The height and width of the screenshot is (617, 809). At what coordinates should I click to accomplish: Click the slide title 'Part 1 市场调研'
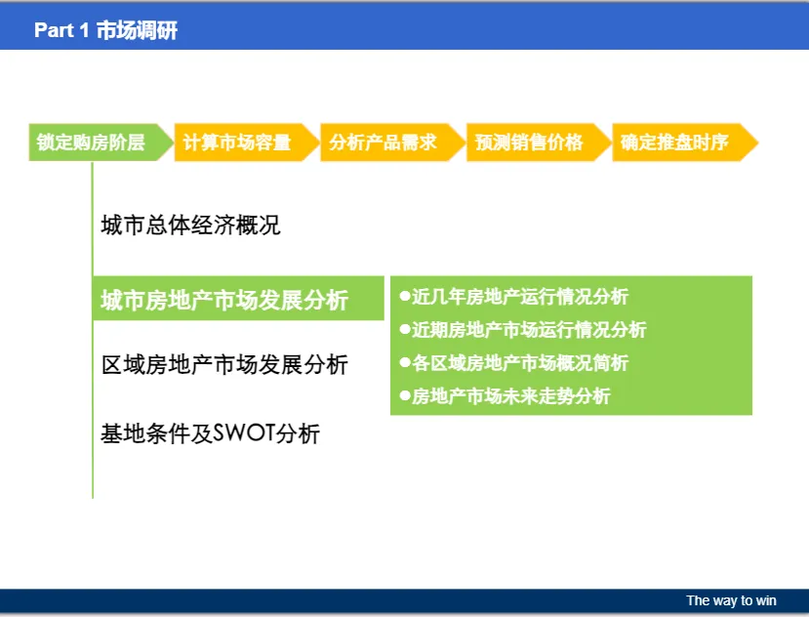(105, 30)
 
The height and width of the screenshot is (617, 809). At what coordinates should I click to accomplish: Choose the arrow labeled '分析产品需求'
(392, 143)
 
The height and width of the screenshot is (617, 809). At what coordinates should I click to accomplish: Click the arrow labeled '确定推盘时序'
(685, 143)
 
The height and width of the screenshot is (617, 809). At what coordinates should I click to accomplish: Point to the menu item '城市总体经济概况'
(190, 226)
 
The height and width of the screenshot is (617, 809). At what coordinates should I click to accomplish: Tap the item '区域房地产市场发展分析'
(224, 364)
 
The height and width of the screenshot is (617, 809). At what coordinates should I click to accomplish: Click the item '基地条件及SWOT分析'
(210, 433)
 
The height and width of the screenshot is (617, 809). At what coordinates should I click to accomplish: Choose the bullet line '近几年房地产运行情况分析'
(514, 297)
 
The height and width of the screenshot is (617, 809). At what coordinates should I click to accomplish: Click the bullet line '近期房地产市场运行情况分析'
(523, 329)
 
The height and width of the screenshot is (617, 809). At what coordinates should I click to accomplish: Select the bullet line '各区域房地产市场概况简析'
(514, 363)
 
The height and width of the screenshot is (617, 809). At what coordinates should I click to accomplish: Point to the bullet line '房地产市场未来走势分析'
(506, 396)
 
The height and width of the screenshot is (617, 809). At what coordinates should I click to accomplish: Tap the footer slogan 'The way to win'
(731, 600)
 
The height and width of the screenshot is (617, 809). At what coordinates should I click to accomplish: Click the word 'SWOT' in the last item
(244, 432)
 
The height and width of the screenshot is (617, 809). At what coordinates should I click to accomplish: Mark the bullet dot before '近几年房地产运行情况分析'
(405, 297)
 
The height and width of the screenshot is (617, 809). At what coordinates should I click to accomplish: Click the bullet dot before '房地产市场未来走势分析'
(405, 396)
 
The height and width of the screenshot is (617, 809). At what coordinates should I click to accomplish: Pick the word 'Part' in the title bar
(54, 30)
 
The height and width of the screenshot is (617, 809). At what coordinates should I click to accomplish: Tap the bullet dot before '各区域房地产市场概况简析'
(405, 362)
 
